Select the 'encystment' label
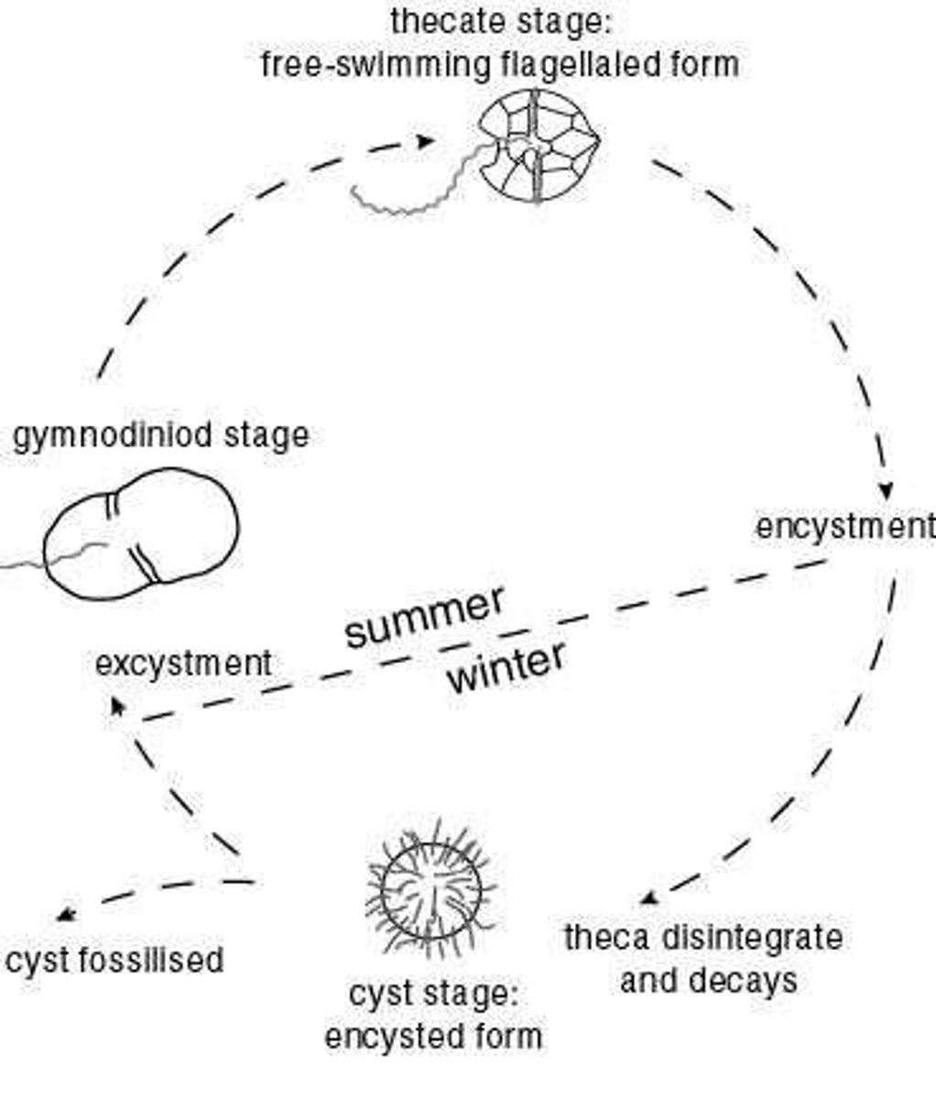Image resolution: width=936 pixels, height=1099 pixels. tap(844, 528)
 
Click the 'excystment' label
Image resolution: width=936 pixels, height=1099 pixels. tap(183, 662)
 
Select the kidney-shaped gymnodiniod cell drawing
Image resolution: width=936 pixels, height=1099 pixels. tap(142, 535)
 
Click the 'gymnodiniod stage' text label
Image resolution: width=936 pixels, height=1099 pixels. tap(160, 435)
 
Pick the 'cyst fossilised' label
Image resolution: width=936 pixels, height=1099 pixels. tap(114, 960)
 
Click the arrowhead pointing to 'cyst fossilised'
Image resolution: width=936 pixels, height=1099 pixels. tap(64, 914)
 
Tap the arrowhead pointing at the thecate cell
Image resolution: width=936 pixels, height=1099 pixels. tap(426, 141)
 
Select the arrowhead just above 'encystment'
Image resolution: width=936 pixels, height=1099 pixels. tap(885, 488)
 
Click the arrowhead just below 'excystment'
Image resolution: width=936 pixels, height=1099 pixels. tap(117, 705)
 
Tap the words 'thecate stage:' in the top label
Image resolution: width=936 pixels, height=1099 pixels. tap(499, 21)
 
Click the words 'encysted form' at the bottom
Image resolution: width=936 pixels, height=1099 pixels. tap(433, 1037)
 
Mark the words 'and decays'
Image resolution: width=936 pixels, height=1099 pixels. tap(708, 982)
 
